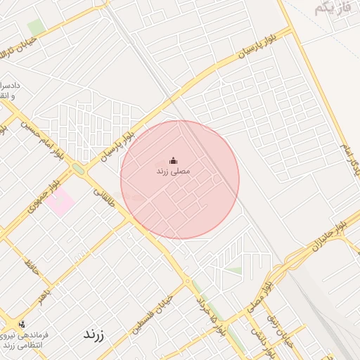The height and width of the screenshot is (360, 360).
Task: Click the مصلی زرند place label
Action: (172, 171)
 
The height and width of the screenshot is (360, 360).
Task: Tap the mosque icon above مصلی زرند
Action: (174, 160)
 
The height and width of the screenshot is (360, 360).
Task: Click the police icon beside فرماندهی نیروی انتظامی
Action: (22, 324)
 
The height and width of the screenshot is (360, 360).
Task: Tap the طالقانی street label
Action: (102, 190)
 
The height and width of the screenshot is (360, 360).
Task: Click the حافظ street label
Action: (30, 266)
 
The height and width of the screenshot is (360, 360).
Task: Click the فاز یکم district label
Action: (330, 8)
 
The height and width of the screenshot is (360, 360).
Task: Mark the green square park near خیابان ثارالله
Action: (36, 26)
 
